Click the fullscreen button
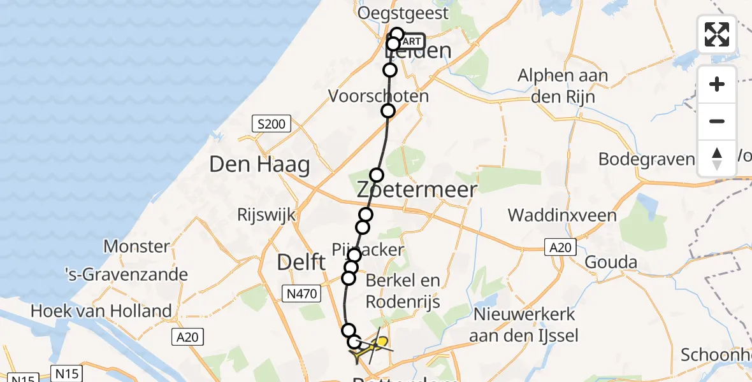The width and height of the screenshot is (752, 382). click(x=717, y=34)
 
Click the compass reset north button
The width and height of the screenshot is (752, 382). click(x=717, y=158)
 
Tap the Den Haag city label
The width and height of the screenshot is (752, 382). click(x=260, y=165)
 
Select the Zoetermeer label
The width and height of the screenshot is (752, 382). click(x=417, y=189)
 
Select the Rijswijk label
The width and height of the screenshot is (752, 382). click(x=266, y=215)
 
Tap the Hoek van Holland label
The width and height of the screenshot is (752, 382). click(x=101, y=311)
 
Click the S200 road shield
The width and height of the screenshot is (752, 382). click(x=271, y=124)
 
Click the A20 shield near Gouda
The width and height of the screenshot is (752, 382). click(x=560, y=247)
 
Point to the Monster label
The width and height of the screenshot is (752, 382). click(x=136, y=246)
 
